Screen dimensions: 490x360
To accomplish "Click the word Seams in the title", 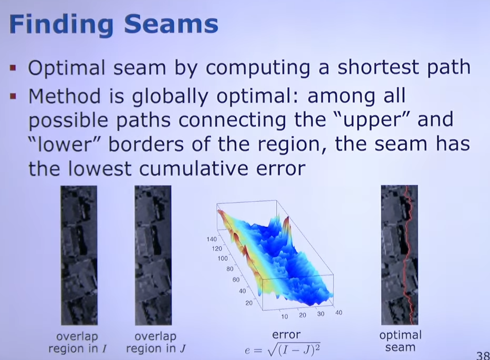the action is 171,24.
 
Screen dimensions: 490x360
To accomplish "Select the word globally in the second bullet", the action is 170,97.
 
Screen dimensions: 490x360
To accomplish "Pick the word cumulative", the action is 194,168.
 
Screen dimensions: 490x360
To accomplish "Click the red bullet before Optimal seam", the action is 13,68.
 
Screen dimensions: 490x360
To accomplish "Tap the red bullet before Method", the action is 13,95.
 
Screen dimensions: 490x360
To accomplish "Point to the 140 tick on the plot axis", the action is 212,239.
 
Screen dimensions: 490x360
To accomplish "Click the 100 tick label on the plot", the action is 223,259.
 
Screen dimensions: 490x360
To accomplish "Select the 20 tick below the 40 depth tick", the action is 249,303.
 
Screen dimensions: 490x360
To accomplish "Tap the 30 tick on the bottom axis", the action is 320,314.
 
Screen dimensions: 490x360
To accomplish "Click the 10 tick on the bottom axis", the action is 284,316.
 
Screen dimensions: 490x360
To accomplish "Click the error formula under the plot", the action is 283,349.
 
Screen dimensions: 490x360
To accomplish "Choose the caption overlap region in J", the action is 155,343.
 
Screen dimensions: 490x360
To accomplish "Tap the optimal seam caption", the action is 400,341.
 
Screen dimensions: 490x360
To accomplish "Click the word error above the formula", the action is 286,335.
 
